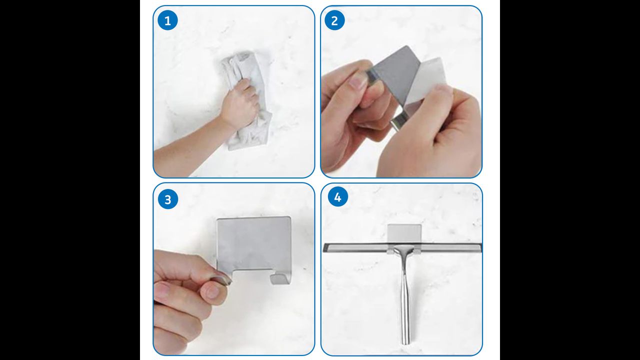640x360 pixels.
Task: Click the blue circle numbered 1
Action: pyautogui.click(x=167, y=20)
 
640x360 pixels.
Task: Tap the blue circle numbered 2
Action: pyautogui.click(x=334, y=20)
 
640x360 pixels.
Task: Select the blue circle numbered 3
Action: pyautogui.click(x=168, y=199)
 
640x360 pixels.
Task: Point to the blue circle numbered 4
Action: pyautogui.click(x=337, y=196)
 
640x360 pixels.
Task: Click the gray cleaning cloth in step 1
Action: pyautogui.click(x=245, y=100)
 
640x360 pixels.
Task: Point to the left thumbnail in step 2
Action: pyautogui.click(x=357, y=80)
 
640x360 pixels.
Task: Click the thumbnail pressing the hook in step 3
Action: pyautogui.click(x=222, y=278)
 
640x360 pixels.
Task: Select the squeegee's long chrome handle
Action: pyautogui.click(x=405, y=300)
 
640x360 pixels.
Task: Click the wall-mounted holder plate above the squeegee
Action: pyautogui.click(x=404, y=233)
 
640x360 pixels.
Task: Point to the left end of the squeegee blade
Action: pyautogui.click(x=324, y=247)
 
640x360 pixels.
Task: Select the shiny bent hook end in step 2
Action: pyautogui.click(x=398, y=121)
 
